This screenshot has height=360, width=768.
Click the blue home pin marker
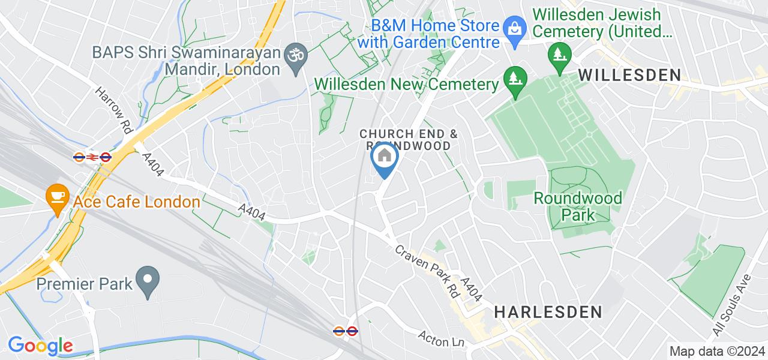pyautogui.click(x=384, y=158)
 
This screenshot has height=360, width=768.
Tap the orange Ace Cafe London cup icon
pyautogui.click(x=57, y=196)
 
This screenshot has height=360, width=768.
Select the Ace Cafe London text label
pyautogui.click(x=136, y=202)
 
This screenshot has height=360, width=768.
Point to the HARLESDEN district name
pyautogui.click(x=548, y=312)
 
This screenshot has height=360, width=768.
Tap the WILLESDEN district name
pyautogui.click(x=629, y=75)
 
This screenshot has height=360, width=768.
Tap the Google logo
pyautogui.click(x=40, y=346)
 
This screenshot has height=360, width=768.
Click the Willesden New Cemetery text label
pyautogui.click(x=407, y=84)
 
